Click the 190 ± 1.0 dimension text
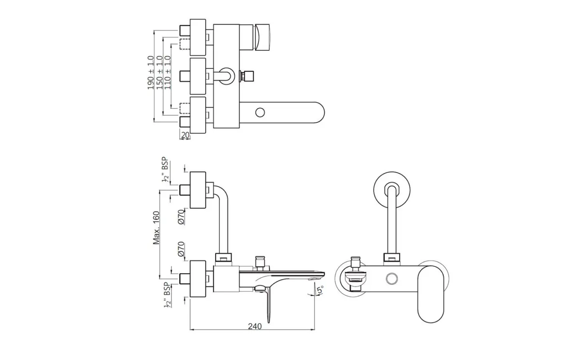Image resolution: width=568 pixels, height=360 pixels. tap(150, 72)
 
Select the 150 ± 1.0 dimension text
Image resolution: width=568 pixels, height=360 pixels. tap(159, 72)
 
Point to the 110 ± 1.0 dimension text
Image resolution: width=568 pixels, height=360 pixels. tap(168, 72)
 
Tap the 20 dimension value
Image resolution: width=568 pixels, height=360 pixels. tap(185, 135)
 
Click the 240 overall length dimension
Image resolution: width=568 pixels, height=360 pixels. tap(255, 326)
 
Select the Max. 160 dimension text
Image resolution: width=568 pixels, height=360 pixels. tap(156, 228)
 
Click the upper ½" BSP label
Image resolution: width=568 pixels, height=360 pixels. tap(165, 170)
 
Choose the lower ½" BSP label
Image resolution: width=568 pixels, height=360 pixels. tap(167, 294)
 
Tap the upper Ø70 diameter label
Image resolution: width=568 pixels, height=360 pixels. tap(181, 217)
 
